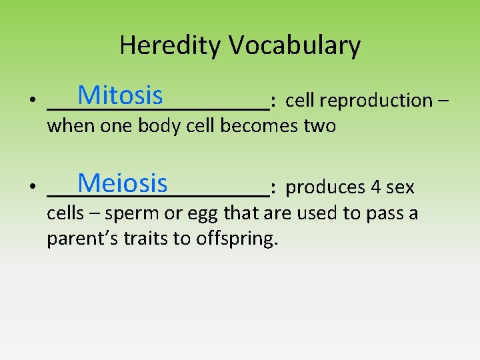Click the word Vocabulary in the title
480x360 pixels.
pos(295,46)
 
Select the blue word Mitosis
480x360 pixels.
pos(120,96)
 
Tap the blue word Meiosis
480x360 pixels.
pos(123,183)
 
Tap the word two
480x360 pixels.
pos(319,126)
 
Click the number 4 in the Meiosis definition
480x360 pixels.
pos(375,187)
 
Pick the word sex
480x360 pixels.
pos(400,188)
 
